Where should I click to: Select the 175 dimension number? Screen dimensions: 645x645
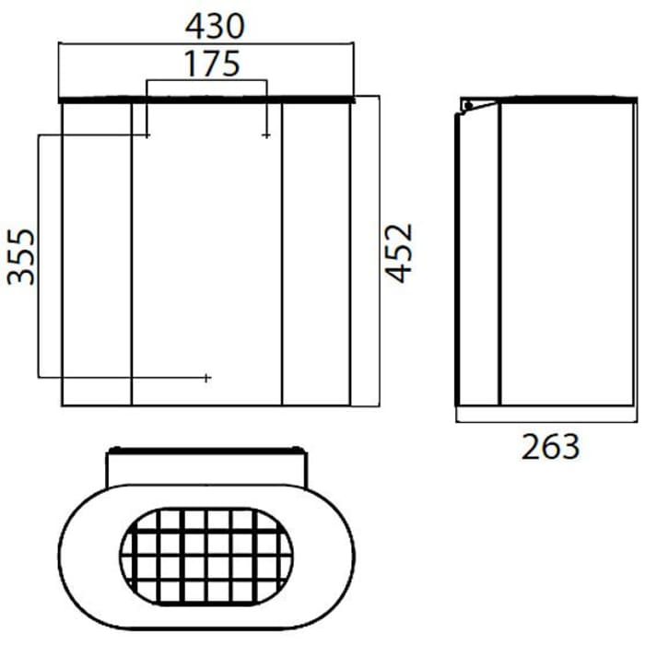pos(211,64)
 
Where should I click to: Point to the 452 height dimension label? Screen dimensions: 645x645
pos(398,252)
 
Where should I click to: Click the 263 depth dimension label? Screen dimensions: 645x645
pos(551,446)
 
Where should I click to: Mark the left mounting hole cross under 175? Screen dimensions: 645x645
pos(147,135)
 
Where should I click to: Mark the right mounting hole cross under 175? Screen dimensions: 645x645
pos(266,135)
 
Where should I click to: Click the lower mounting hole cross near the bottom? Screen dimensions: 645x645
pos(207,378)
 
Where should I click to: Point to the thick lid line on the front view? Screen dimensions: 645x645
pos(206,98)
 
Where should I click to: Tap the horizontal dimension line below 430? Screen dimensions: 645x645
pos(206,41)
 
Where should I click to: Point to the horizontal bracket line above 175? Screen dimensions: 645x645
pos(206,81)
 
